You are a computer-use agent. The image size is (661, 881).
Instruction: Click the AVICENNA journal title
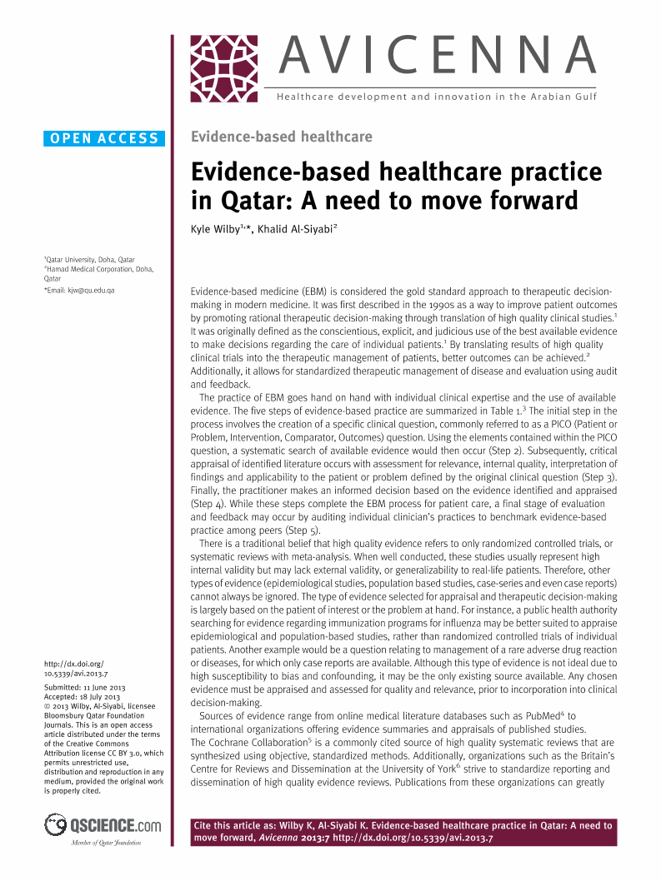point(437,56)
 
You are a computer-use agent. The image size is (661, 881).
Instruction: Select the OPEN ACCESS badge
point(104,139)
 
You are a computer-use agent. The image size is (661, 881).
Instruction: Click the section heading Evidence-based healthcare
point(282,137)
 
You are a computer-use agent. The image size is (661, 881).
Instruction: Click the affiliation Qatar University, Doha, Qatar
point(89,259)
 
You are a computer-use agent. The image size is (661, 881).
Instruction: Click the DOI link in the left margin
point(75,669)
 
